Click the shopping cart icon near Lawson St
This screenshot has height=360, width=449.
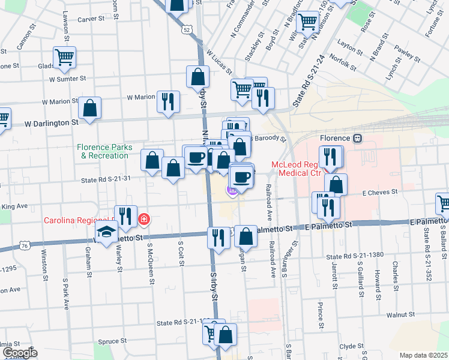tap(64, 58)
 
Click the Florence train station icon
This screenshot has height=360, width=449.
tap(357, 138)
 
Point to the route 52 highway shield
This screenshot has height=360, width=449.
tap(188, 29)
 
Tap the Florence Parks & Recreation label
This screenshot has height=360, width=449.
tap(103, 151)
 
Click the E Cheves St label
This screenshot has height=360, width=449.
tap(380, 192)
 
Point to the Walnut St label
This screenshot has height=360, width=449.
tap(400, 314)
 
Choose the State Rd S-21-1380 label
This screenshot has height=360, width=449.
tap(355, 257)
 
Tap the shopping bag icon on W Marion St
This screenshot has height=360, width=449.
tap(89, 108)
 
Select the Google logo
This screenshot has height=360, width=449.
tap(19, 353)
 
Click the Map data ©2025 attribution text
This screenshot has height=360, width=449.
tap(423, 355)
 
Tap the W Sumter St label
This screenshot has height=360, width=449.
tap(68, 79)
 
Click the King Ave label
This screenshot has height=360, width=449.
tap(15, 206)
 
